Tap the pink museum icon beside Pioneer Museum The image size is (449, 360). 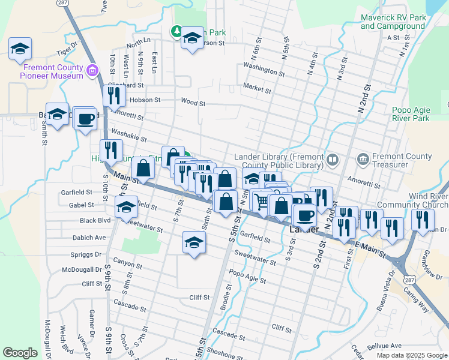pyautogui.click(x=92, y=71)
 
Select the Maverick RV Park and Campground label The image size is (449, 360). pyautogui.click(x=393, y=22)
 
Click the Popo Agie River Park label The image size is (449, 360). pyautogui.click(x=411, y=114)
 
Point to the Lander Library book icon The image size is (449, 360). pyautogui.click(x=332, y=160)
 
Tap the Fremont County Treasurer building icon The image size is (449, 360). pyautogui.click(x=363, y=160)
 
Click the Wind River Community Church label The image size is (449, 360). pyautogui.click(x=429, y=201)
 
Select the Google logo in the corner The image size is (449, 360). pyautogui.click(x=20, y=353)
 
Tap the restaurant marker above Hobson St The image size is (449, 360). pyautogui.click(x=112, y=95)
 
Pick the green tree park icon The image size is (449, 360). pyautogui.click(x=176, y=31)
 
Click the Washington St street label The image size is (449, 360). pyautogui.click(x=264, y=70)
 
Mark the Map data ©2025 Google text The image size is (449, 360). pyautogui.click(x=412, y=355)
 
